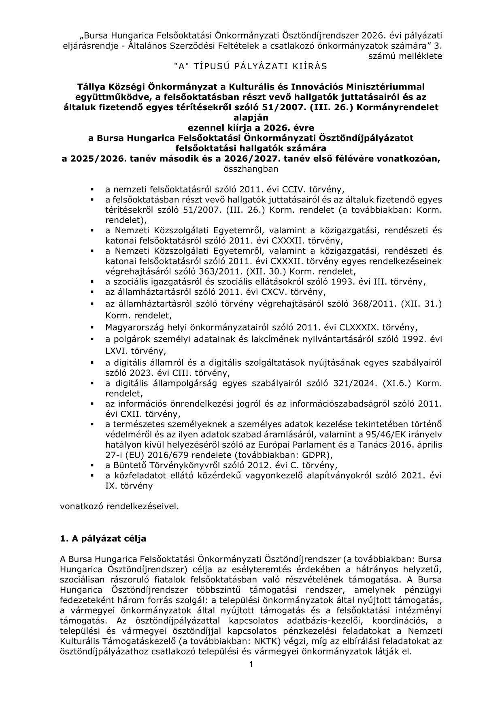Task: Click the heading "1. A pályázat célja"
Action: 103,539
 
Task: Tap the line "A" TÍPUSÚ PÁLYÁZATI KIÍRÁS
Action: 251,66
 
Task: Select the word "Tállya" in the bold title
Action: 90,87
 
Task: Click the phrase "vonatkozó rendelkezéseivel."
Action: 119,506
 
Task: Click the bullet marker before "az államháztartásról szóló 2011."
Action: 92,292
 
